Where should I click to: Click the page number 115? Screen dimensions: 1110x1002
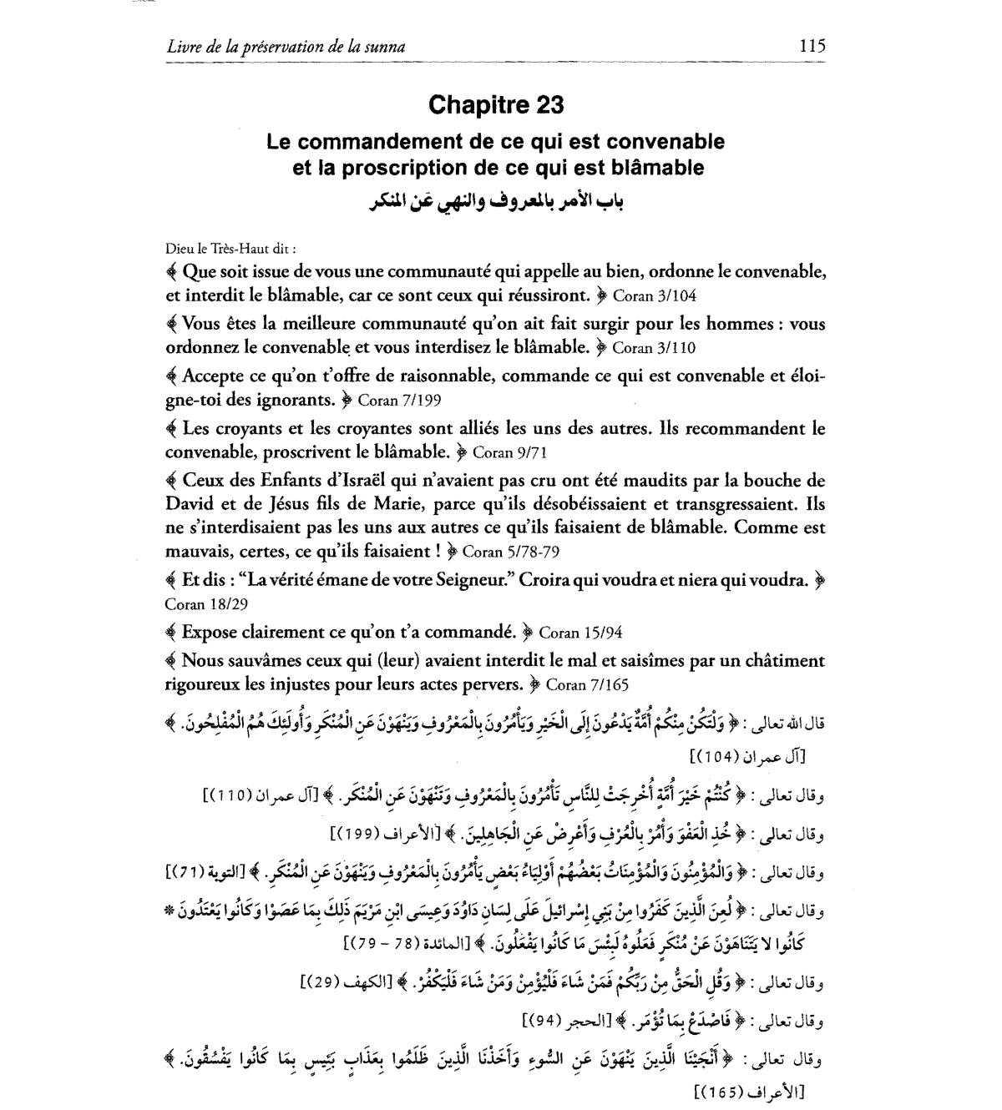click(811, 47)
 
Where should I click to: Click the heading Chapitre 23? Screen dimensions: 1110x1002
click(496, 105)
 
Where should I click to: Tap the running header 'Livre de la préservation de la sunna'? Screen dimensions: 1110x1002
click(286, 48)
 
